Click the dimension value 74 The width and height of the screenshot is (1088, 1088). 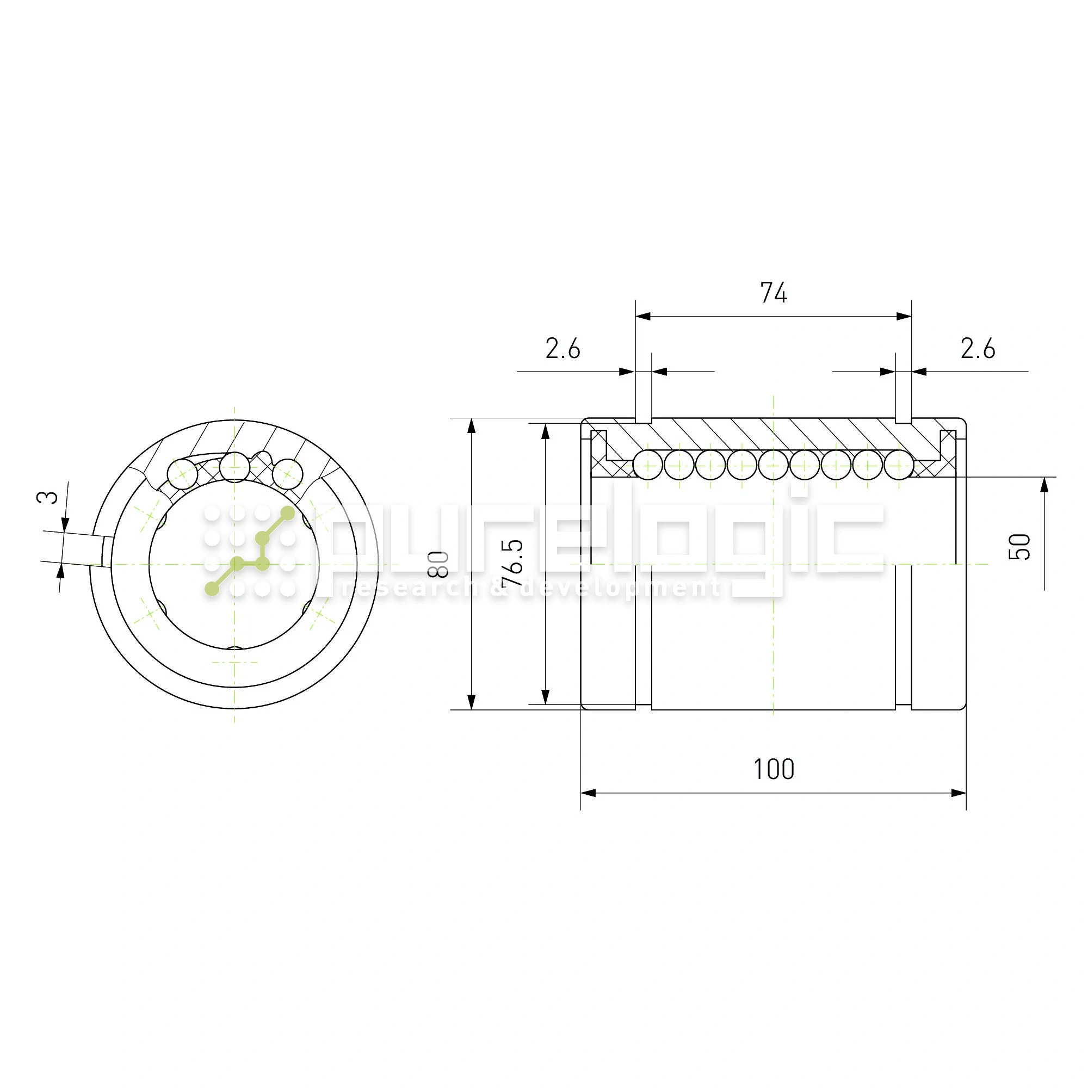click(x=773, y=293)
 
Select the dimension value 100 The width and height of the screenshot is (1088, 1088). click(x=774, y=769)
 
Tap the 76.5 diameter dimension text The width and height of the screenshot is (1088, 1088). click(x=513, y=563)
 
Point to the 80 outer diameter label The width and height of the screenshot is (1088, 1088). click(x=438, y=564)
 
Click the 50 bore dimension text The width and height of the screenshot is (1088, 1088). click(x=1019, y=547)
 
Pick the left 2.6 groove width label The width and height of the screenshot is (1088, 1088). click(x=562, y=349)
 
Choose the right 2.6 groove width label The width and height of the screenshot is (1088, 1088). click(x=978, y=349)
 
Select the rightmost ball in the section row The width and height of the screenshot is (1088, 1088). click(x=899, y=465)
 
